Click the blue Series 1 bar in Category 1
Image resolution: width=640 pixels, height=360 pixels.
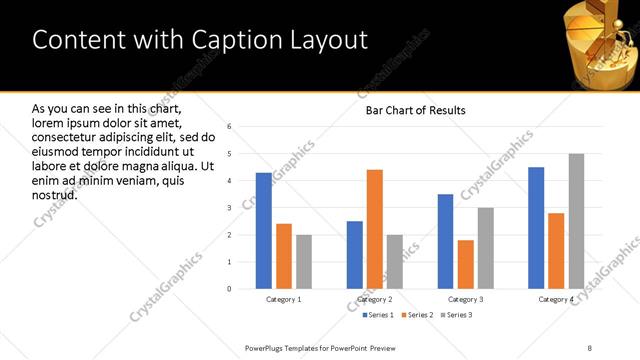coord(264,231)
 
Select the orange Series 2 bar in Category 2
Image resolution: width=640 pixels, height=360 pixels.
coord(375,229)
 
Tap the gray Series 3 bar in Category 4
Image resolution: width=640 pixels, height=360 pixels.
coord(576,221)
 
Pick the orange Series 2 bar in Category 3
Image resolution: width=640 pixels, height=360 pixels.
coord(466,264)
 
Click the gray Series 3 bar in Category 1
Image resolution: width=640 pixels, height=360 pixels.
coord(304,262)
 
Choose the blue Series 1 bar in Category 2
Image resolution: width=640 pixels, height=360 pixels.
coord(355,255)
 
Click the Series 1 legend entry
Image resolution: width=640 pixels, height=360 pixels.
coord(376,315)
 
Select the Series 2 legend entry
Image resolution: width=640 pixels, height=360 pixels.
coord(417,315)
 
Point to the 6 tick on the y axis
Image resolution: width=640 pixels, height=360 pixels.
coord(230,127)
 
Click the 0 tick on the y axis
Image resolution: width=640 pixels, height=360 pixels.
coord(230,289)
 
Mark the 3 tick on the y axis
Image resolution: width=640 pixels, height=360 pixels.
coord(230,208)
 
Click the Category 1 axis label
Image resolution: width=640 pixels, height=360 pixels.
coord(284,300)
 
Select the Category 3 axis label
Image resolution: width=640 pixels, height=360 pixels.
coord(465,300)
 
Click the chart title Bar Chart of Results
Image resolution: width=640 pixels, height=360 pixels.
coord(415,109)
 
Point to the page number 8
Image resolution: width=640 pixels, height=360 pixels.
coord(590,347)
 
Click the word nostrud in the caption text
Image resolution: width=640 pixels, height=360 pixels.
coord(55,194)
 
